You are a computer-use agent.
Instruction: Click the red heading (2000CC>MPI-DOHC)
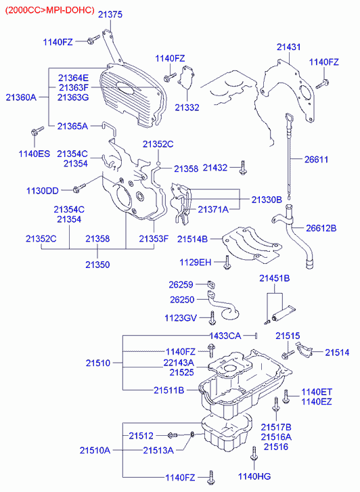50,10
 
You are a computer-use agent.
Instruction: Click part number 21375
110,14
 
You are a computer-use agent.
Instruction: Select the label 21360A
21,97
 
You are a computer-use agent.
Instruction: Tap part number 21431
288,47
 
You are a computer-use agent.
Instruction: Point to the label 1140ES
35,154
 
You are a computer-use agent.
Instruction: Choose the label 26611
316,160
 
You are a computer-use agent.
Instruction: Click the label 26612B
321,228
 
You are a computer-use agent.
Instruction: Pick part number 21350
97,265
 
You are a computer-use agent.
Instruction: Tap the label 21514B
192,239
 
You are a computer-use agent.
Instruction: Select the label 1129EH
195,263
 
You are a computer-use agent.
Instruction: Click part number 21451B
274,278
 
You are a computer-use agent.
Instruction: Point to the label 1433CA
225,336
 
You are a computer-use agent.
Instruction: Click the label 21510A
95,451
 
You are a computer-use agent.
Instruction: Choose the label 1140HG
254,476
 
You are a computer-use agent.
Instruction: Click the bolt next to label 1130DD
78,188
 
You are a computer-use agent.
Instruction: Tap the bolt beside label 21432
243,168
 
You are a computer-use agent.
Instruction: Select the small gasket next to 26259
212,285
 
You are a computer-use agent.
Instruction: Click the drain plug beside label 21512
173,435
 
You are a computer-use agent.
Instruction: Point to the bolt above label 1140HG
254,454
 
